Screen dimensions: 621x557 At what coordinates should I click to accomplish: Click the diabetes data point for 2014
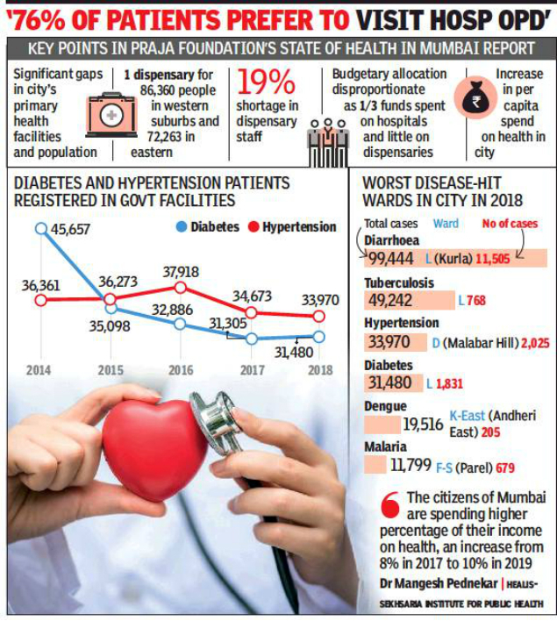(40, 229)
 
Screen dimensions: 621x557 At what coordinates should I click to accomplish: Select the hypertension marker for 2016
(180, 287)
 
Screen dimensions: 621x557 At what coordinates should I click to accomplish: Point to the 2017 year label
(252, 369)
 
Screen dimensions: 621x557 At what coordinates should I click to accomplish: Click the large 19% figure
(266, 84)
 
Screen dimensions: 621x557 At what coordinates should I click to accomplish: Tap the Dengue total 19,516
(423, 424)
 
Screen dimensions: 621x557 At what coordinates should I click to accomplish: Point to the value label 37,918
(180, 272)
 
